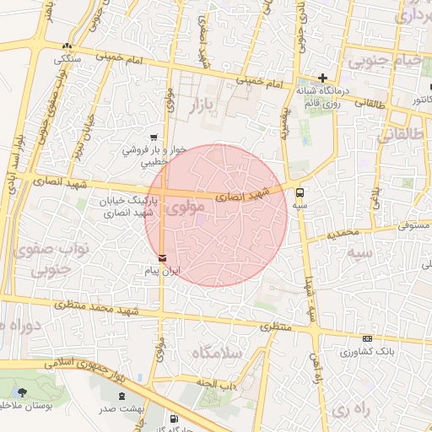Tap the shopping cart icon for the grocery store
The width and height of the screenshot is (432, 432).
click(153, 137)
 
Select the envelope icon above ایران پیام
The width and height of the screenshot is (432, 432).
click(162, 257)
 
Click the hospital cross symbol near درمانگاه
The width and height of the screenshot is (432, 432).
click(322, 78)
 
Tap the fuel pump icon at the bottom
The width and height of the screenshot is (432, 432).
click(174, 418)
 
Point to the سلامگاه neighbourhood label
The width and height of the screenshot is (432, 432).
click(218, 352)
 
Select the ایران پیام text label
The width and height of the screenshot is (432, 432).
click(160, 273)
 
